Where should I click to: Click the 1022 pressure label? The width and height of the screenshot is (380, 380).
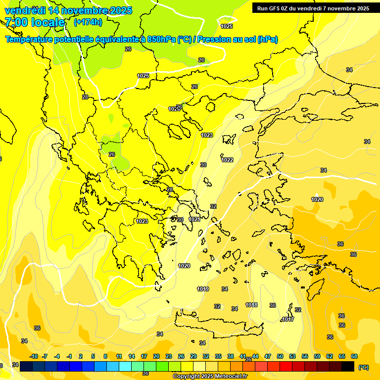(228, 160)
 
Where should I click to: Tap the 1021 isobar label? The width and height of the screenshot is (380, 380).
(194, 219)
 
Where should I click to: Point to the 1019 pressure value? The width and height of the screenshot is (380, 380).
(203, 289)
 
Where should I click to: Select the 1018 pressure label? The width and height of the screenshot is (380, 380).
(251, 305)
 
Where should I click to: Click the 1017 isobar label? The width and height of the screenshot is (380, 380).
(288, 319)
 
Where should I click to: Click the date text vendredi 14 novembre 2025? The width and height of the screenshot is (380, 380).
(68, 10)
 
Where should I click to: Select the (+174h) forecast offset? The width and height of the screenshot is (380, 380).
(88, 22)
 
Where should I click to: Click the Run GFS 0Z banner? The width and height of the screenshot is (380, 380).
(313, 8)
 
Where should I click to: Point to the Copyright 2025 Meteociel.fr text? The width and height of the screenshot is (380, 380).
(210, 376)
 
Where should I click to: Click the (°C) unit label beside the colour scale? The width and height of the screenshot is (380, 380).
(363, 367)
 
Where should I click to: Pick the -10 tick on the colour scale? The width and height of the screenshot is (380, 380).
(34, 356)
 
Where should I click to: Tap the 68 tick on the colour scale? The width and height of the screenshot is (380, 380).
(354, 356)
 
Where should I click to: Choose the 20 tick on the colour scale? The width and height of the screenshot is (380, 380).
(156, 356)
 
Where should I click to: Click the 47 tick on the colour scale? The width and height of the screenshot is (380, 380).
(268, 356)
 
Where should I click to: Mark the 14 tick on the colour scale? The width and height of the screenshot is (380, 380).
(132, 356)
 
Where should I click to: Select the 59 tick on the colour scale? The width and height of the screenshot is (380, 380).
(317, 356)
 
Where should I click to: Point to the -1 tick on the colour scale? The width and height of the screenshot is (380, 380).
(69, 356)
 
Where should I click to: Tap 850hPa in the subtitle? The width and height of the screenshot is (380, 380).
(158, 40)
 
